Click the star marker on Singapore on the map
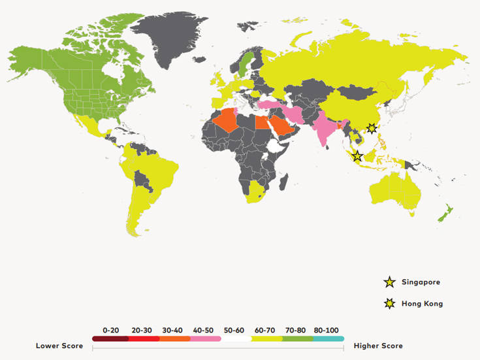point(357,156)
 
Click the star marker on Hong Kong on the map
point(372,129)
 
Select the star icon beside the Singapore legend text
point(390,282)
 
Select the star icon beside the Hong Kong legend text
point(390,303)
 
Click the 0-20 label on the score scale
point(110,330)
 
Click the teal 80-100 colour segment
point(328,338)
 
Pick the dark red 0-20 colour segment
point(110,338)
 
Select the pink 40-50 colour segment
point(205,338)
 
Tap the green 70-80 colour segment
point(297,338)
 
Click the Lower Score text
point(59,346)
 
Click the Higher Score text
point(378,346)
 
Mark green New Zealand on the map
point(445,213)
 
